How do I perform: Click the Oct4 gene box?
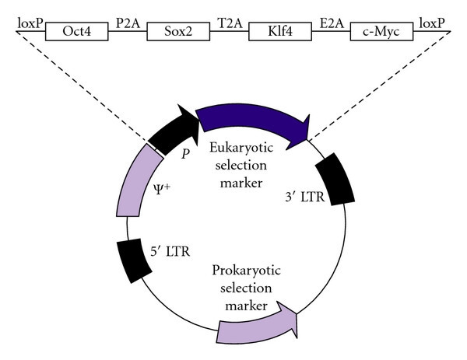click(75, 31)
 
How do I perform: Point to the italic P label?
click(185, 152)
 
